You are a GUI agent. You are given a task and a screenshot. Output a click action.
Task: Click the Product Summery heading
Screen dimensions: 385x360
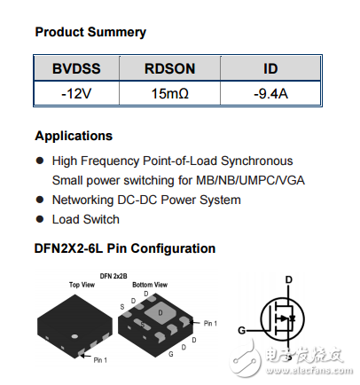90,32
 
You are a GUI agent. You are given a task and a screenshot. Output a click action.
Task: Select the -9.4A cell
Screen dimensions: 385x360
270,91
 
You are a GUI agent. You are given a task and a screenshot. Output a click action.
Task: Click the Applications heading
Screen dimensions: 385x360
74,136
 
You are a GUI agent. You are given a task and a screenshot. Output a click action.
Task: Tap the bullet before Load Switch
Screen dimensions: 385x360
39,219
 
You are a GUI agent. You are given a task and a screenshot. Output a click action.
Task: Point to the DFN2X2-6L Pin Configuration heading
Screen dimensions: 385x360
125,248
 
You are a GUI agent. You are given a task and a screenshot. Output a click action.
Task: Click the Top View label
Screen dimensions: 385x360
82,285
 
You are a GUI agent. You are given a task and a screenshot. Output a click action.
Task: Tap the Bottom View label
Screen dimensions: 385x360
147,285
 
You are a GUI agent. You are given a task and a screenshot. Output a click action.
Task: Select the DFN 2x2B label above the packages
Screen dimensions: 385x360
114,276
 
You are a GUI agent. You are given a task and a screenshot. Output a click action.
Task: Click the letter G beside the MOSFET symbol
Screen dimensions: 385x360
240,331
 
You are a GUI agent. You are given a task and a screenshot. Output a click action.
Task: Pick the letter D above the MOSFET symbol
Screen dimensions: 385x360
287,279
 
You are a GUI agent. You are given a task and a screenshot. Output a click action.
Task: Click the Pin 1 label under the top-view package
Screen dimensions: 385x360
100,359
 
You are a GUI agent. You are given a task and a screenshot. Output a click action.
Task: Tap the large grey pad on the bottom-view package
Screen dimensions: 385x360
160,312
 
